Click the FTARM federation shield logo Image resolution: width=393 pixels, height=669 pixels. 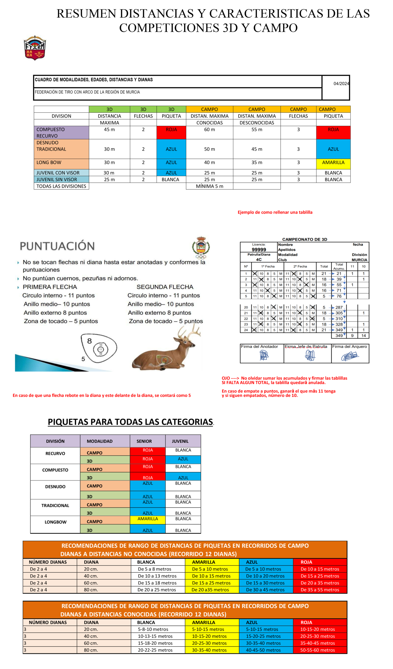tap(35, 48)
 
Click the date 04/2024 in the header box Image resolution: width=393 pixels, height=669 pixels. tap(341, 84)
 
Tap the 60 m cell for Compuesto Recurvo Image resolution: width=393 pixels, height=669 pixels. tap(209, 130)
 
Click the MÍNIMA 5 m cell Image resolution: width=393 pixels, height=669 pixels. tap(209, 186)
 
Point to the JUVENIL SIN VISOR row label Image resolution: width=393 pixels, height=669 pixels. tap(56, 180)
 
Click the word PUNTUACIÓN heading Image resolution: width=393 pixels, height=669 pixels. tap(57, 246)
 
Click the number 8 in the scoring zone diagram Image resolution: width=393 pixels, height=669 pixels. tap(89, 341)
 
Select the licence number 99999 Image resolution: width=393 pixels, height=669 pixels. tap(259, 250)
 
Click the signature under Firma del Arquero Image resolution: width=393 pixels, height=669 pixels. tap(350, 356)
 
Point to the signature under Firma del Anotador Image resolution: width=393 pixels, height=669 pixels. tap(264, 355)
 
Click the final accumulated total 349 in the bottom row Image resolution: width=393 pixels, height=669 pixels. tap(339, 336)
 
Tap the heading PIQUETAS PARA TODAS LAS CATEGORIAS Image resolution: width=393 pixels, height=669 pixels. tap(130, 422)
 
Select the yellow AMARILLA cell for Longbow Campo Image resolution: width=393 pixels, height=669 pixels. tap(148, 519)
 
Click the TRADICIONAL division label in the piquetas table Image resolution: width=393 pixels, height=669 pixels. tap(55, 506)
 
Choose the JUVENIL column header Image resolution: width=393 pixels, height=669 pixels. tap(180, 441)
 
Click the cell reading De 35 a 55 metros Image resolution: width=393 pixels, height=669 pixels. tap(320, 590)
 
